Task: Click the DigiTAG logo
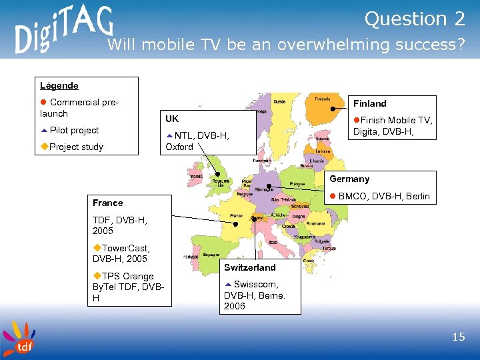pos(63,32)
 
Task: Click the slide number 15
pos(458,337)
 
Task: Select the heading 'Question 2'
pos(414,19)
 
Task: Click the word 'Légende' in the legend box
pos(59,85)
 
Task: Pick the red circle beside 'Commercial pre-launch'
pos(43,103)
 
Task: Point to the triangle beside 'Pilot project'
pos(43,130)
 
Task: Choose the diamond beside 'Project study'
pos(44,147)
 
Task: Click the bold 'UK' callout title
pos(172,119)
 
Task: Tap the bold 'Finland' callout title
pos(369,103)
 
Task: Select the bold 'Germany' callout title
pos(349,179)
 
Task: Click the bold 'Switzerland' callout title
pos(249,267)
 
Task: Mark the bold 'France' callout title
pos(107,203)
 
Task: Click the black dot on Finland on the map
pos(330,109)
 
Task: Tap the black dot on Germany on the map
pos(268,186)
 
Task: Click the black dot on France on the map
pos(235,224)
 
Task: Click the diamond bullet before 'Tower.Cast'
pos(97,248)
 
